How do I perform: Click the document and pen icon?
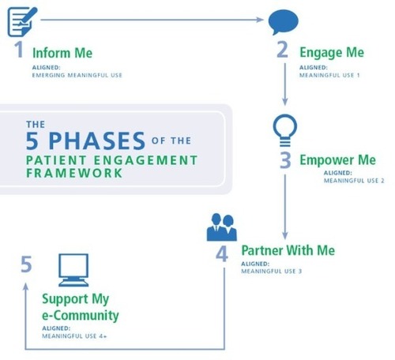click(22, 21)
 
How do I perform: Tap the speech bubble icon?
click(283, 22)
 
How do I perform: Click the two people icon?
click(222, 227)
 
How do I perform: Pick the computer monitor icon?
click(73, 270)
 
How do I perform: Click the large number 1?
click(19, 49)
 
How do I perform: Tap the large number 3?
click(285, 160)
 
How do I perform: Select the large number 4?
click(222, 254)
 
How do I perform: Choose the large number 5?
click(26, 264)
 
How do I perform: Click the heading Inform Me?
click(62, 53)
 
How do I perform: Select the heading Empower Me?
click(338, 160)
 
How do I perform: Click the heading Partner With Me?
click(288, 250)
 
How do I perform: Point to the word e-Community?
click(81, 315)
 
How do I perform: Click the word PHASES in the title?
click(97, 141)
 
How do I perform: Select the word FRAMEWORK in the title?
click(74, 173)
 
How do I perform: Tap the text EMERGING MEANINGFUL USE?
click(77, 75)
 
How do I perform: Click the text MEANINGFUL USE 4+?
click(74, 336)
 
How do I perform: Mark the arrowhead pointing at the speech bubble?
click(260, 20)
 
